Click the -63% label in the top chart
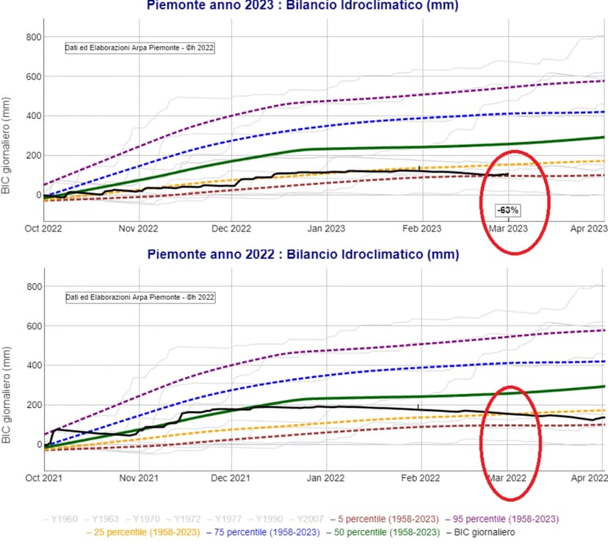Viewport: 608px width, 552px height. tap(508, 210)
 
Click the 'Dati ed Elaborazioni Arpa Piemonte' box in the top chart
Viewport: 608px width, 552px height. tap(140, 49)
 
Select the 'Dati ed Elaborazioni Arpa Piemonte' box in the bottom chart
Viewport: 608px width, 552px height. tap(140, 297)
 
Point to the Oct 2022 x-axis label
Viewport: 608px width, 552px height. tap(43, 229)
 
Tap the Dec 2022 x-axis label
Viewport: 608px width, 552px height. tap(231, 229)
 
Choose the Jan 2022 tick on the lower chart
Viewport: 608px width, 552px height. tap(326, 478)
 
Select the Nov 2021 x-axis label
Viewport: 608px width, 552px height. tap(138, 478)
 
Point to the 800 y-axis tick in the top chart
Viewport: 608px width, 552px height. tap(31, 37)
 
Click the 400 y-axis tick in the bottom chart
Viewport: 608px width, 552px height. tap(31, 365)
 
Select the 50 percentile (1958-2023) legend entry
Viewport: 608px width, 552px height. tap(379, 532)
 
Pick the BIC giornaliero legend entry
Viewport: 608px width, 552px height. tap(481, 532)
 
